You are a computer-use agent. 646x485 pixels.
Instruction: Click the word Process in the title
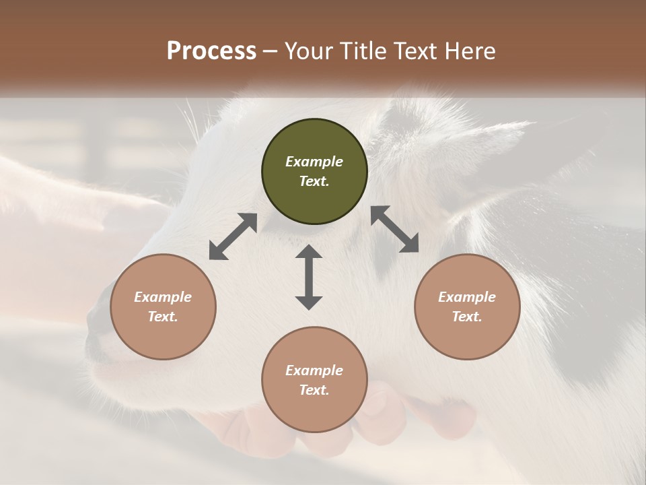click(x=211, y=51)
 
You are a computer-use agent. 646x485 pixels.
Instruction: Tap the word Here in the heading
click(x=471, y=51)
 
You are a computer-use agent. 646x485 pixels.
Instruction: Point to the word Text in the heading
click(x=415, y=51)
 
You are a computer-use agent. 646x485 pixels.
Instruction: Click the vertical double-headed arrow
click(x=309, y=277)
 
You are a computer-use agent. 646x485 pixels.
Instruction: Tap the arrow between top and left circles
click(x=233, y=236)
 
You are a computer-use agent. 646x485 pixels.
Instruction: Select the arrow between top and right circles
click(x=394, y=229)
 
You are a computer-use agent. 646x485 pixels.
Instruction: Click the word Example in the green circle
click(x=314, y=162)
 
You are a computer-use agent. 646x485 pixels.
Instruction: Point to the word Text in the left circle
click(x=163, y=317)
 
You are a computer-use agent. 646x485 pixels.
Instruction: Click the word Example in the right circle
click(x=467, y=297)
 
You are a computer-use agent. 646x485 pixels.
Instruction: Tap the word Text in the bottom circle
click(x=314, y=390)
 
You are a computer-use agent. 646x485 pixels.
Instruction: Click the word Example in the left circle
click(x=163, y=297)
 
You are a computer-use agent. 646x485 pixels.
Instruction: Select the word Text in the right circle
click(x=467, y=317)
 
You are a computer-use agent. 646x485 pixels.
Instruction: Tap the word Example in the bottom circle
click(x=314, y=370)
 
